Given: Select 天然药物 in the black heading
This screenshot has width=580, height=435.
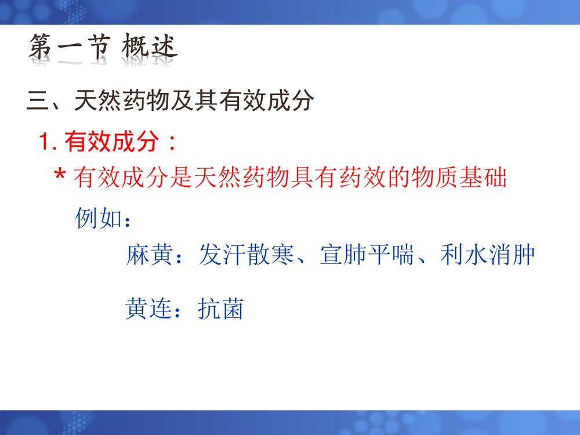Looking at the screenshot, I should click(122, 102).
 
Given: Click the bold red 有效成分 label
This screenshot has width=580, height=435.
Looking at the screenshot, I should click(111, 142).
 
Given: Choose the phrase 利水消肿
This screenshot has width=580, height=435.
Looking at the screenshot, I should click(487, 255).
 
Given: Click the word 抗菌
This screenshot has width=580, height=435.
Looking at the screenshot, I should click(221, 309).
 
